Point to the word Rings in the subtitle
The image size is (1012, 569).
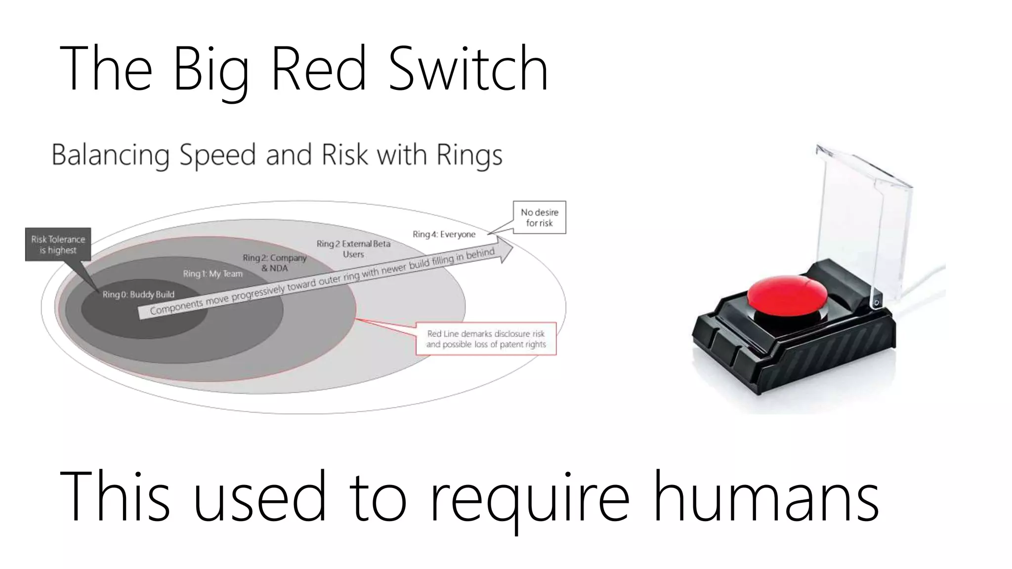click(x=469, y=155)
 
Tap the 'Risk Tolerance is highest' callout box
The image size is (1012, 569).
click(x=58, y=244)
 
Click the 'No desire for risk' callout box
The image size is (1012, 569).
click(x=539, y=217)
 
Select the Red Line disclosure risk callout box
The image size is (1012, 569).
click(x=486, y=339)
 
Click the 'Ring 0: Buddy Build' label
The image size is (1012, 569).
click(x=138, y=294)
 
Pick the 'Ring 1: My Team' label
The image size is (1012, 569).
click(x=212, y=274)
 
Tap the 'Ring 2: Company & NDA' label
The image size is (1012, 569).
click(x=274, y=263)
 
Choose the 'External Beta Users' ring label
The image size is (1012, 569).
click(x=353, y=249)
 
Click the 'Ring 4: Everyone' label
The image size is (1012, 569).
click(x=444, y=234)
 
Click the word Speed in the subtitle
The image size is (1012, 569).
click(x=217, y=155)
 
